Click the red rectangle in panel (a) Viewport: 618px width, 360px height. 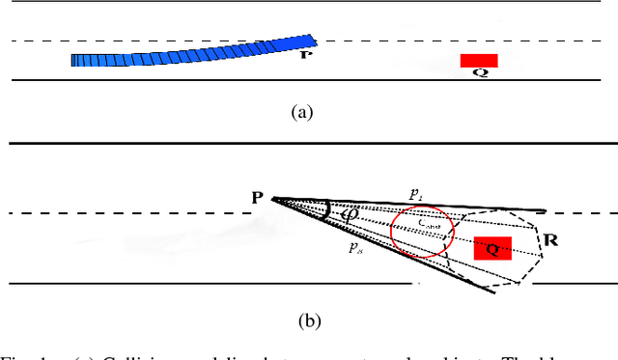[479, 60]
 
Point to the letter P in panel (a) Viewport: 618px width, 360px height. [307, 55]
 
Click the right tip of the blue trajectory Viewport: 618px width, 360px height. [313, 40]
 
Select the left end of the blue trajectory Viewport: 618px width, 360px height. [73, 60]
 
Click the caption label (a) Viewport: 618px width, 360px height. [303, 111]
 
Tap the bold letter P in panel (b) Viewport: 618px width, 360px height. [258, 198]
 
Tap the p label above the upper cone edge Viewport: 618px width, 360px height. [415, 194]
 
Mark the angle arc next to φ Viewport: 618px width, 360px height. [329, 210]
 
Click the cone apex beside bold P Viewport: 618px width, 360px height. [273, 199]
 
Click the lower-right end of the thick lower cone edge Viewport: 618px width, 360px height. [495, 292]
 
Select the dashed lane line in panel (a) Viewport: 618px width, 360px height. [145, 41]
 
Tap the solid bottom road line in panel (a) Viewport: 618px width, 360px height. [193, 81]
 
